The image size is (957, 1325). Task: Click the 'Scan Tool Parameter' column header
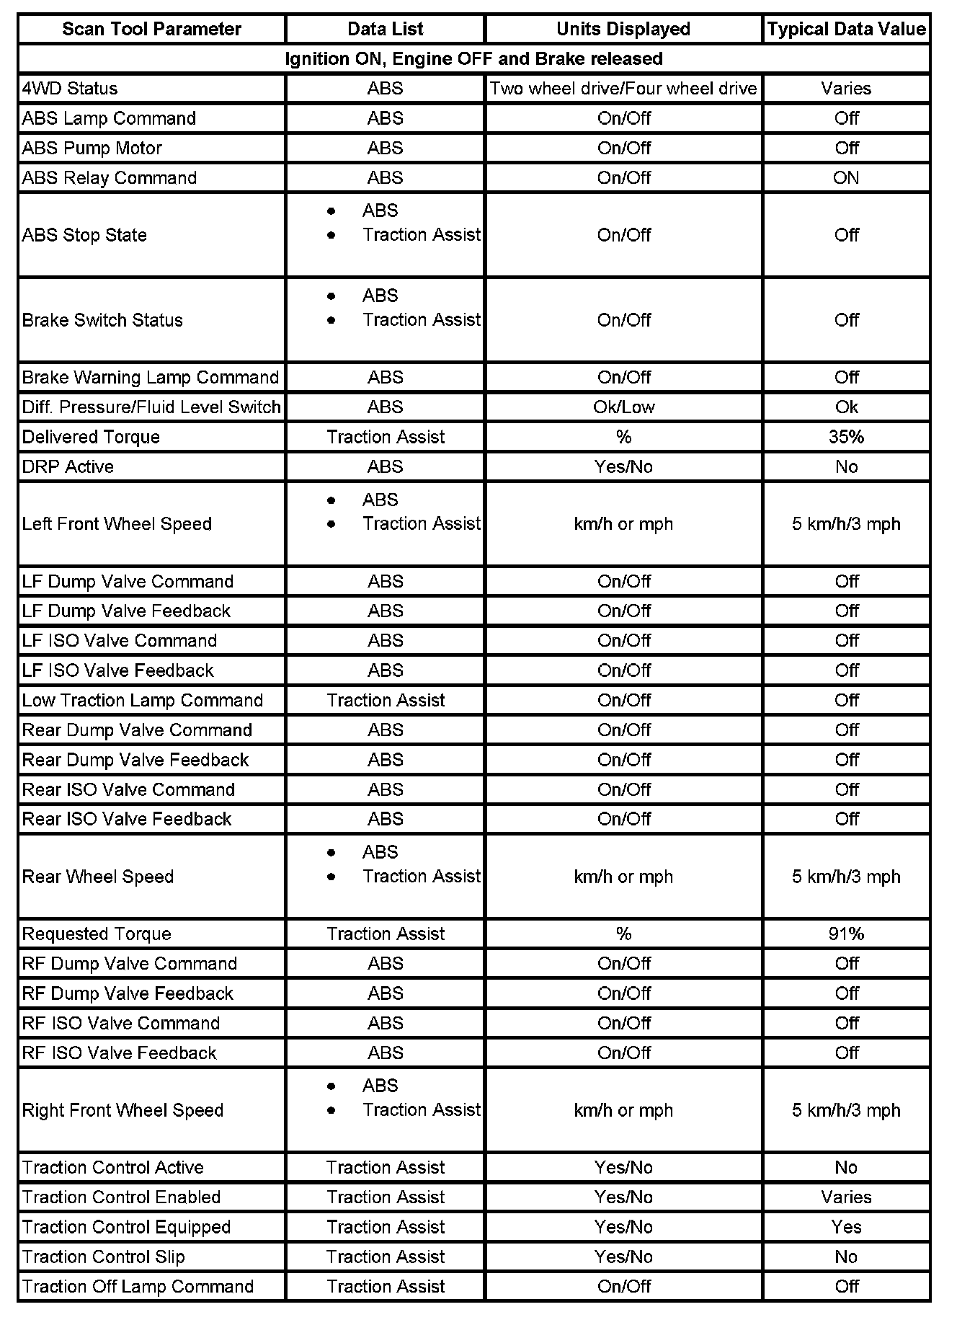point(151,30)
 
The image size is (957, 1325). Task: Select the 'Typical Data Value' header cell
point(846,30)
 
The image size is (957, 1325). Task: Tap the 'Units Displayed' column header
point(623,30)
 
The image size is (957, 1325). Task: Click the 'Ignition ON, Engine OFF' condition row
point(473,59)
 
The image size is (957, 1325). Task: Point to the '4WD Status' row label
point(70,89)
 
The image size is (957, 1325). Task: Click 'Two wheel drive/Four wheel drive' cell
point(623,89)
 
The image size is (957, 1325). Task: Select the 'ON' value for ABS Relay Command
point(846,178)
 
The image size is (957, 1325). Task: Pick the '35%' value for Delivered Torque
point(846,437)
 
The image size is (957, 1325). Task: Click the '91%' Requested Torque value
point(846,934)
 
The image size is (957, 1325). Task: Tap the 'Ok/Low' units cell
point(623,407)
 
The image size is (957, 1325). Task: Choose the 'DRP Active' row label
point(68,467)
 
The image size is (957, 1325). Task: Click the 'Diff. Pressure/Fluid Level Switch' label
point(151,407)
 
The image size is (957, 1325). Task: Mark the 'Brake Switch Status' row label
point(102,320)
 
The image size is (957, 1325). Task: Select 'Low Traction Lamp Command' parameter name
point(143,701)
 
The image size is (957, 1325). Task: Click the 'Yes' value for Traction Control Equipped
point(846,1228)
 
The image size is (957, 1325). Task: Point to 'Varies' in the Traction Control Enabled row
point(846,1197)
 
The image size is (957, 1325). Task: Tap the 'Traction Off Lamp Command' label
point(138,1287)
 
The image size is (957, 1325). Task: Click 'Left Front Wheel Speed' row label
point(117,524)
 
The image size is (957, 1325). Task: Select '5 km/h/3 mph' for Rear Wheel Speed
point(846,877)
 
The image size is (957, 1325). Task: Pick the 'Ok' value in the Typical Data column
point(846,407)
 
